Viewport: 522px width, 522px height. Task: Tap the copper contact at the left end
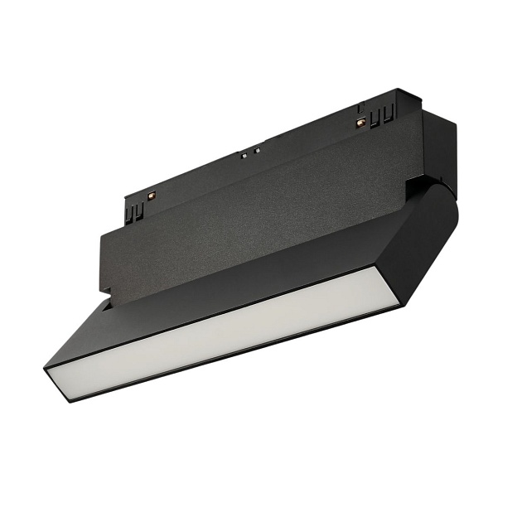152,195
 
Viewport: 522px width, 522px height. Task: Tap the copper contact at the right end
360,122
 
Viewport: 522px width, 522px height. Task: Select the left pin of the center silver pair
244,154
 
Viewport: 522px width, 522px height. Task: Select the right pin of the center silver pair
256,150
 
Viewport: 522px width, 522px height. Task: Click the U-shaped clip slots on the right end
382,118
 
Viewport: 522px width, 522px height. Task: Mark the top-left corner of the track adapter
126,197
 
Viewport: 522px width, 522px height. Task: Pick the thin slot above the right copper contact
361,108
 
